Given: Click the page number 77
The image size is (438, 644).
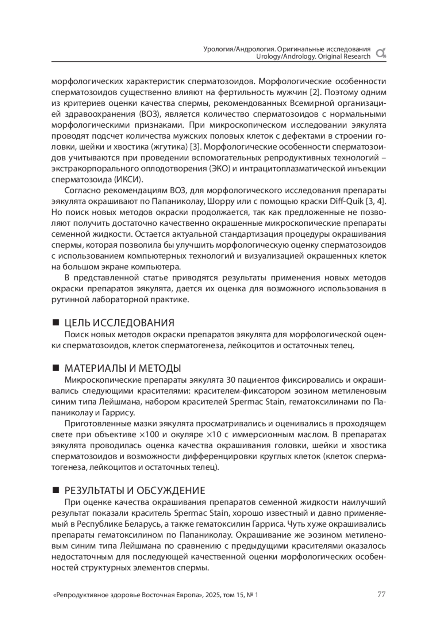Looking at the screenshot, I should click(381, 594).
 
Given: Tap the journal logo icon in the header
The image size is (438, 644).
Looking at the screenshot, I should click(381, 53).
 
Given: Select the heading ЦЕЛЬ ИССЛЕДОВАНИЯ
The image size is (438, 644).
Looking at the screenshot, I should click(119, 323).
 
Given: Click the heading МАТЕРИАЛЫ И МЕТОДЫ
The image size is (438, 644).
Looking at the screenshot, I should click(123, 368).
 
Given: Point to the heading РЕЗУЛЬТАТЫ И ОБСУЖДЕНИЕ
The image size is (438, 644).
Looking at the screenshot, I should click(135, 490).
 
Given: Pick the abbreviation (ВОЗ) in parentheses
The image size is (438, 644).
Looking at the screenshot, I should click(149, 114).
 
